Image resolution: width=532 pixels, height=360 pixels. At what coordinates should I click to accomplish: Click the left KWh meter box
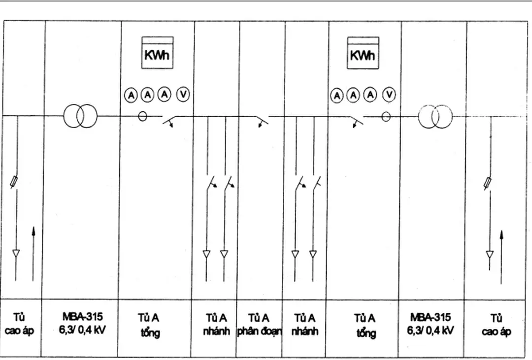[x=157, y=53]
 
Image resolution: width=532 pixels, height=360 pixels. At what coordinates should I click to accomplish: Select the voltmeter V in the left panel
[x=183, y=95]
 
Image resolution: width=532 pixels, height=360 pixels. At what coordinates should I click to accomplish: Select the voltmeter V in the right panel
[x=389, y=95]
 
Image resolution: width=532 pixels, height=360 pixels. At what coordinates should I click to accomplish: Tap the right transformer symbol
[x=435, y=117]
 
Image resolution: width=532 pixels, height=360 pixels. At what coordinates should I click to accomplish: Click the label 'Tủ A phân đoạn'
[x=259, y=324]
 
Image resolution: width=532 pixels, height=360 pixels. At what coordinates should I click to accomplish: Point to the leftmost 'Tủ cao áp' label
[x=20, y=324]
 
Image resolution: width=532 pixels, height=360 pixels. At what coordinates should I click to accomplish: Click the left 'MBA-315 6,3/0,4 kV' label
[x=83, y=323]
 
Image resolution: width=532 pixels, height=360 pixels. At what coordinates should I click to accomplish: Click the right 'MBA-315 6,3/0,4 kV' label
[x=430, y=323]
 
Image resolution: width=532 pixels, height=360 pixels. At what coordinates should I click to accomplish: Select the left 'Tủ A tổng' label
[x=150, y=325]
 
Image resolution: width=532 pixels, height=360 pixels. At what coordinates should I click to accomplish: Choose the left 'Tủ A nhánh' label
[x=216, y=324]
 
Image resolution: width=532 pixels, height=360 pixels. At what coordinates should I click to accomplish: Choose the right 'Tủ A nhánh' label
[x=305, y=324]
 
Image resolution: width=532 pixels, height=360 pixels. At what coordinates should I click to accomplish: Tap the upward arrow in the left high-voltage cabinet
[x=33, y=254]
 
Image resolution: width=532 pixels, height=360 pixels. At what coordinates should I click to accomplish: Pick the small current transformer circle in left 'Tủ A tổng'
[x=143, y=116]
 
